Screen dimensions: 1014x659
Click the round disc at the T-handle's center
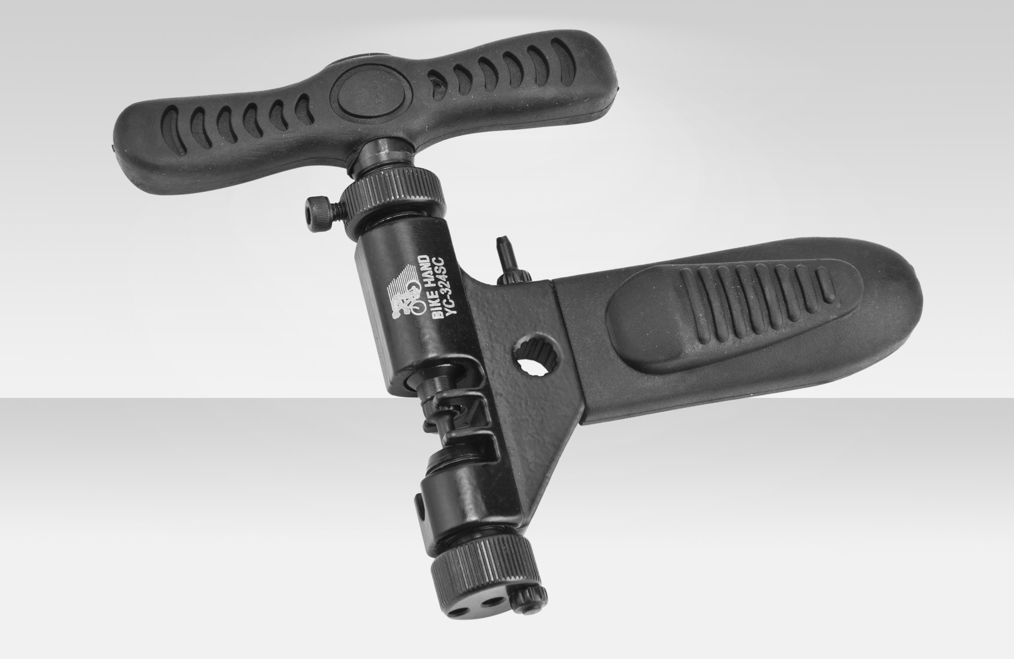357,95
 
